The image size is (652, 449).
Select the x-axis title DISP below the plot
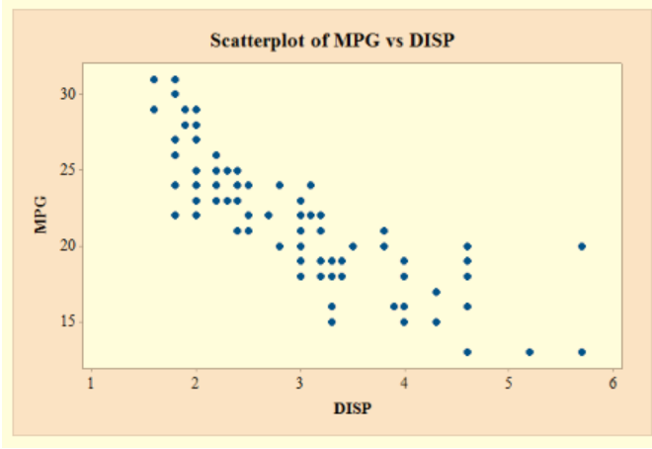click(353, 407)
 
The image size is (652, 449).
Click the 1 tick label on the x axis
click(91, 384)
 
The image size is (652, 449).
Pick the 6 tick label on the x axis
click(613, 384)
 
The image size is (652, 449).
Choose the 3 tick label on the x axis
click(300, 384)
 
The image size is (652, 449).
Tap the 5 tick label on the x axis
click(509, 384)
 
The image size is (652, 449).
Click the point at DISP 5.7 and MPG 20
click(582, 246)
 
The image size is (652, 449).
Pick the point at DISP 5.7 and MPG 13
click(582, 352)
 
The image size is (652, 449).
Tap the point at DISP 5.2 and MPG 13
click(530, 352)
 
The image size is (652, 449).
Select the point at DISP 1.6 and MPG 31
click(154, 79)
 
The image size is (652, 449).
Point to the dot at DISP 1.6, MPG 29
click(154, 110)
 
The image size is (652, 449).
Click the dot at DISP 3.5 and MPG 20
click(353, 246)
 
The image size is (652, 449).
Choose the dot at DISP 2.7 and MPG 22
click(269, 216)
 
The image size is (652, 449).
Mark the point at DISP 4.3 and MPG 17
click(436, 292)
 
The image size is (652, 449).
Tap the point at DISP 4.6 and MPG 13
click(467, 352)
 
